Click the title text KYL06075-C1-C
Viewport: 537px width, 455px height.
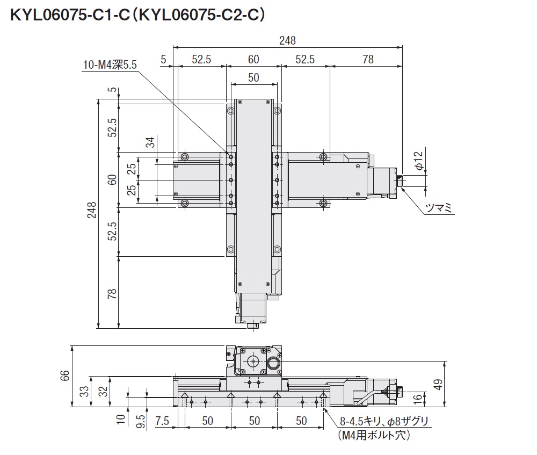point(70,15)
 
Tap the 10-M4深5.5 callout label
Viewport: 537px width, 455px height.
point(110,65)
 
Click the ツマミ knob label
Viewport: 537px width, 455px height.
point(439,208)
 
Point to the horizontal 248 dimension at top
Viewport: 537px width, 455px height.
point(287,40)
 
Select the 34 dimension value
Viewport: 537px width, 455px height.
point(150,142)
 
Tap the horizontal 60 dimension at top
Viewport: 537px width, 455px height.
point(253,59)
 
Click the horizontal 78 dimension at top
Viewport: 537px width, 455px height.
point(368,59)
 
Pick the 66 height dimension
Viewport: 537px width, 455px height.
point(64,375)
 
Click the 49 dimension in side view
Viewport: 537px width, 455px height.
point(438,384)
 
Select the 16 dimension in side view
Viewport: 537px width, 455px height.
point(418,399)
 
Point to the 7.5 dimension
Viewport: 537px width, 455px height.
point(162,421)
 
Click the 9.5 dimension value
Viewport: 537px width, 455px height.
point(141,421)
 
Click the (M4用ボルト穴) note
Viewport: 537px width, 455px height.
point(374,435)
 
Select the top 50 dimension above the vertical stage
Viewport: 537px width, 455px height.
point(253,77)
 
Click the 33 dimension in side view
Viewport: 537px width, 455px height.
point(84,391)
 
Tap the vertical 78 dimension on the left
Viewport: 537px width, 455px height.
point(112,294)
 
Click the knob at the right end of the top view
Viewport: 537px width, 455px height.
point(400,180)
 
